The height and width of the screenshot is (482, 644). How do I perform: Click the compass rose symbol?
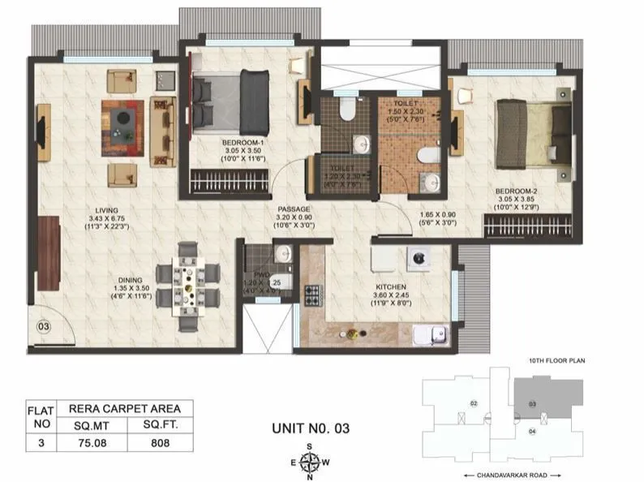308,463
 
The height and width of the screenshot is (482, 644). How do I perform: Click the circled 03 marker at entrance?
44,329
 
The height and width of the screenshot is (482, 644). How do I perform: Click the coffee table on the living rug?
123,121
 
